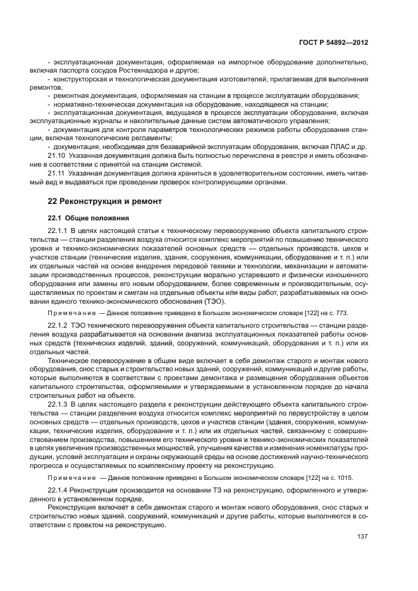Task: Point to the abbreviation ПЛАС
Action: pyautogui.click(x=334, y=146)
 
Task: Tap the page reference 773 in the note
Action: pyautogui.click(x=336, y=313)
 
